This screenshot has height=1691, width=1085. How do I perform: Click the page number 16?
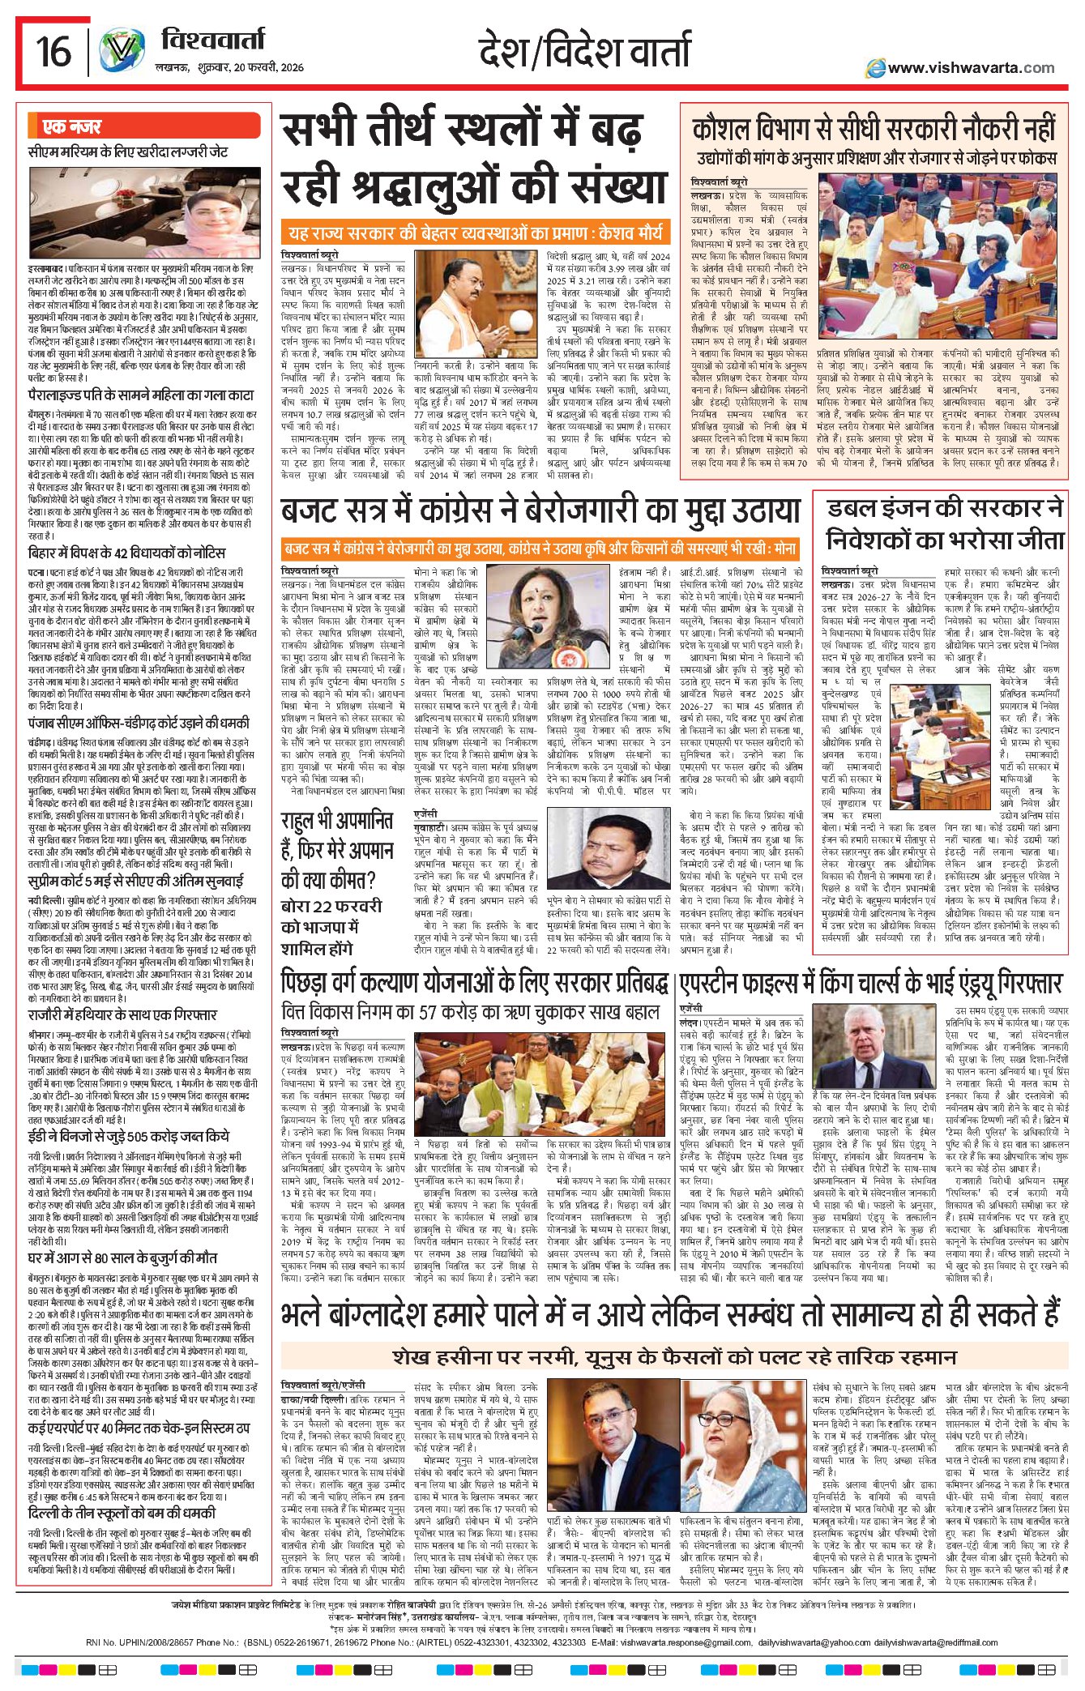point(53,52)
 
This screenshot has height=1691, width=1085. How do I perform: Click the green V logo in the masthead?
point(122,51)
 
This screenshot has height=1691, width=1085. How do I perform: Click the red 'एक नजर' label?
point(73,127)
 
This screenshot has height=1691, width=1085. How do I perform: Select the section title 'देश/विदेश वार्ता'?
point(584,50)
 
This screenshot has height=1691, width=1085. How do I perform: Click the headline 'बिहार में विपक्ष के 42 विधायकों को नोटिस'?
point(127,553)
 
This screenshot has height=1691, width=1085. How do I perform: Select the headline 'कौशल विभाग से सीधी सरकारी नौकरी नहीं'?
point(874,129)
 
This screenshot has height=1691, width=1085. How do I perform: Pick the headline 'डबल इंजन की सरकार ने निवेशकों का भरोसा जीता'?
point(944,524)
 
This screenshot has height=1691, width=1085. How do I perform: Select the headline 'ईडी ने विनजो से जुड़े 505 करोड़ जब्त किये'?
point(129,1136)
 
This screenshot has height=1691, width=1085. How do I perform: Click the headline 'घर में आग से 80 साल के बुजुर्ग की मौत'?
point(122,1258)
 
